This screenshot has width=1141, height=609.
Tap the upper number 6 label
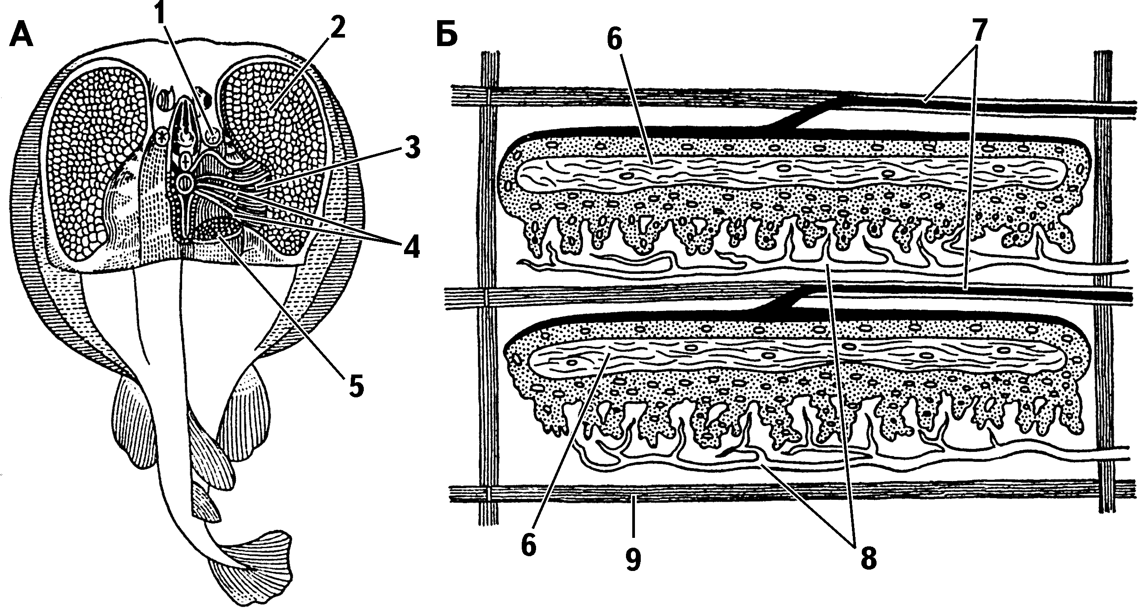click(x=614, y=41)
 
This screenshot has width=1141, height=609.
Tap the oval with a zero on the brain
click(x=184, y=182)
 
